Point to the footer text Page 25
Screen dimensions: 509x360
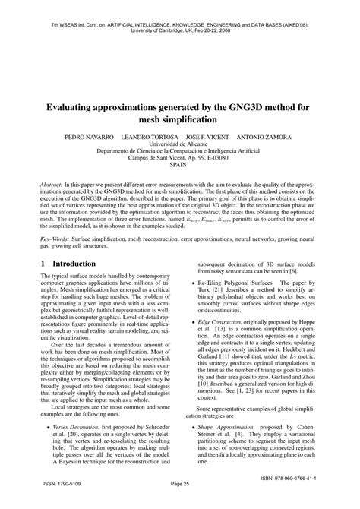[x=179, y=502]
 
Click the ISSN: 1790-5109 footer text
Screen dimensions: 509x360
[x=46, y=502]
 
